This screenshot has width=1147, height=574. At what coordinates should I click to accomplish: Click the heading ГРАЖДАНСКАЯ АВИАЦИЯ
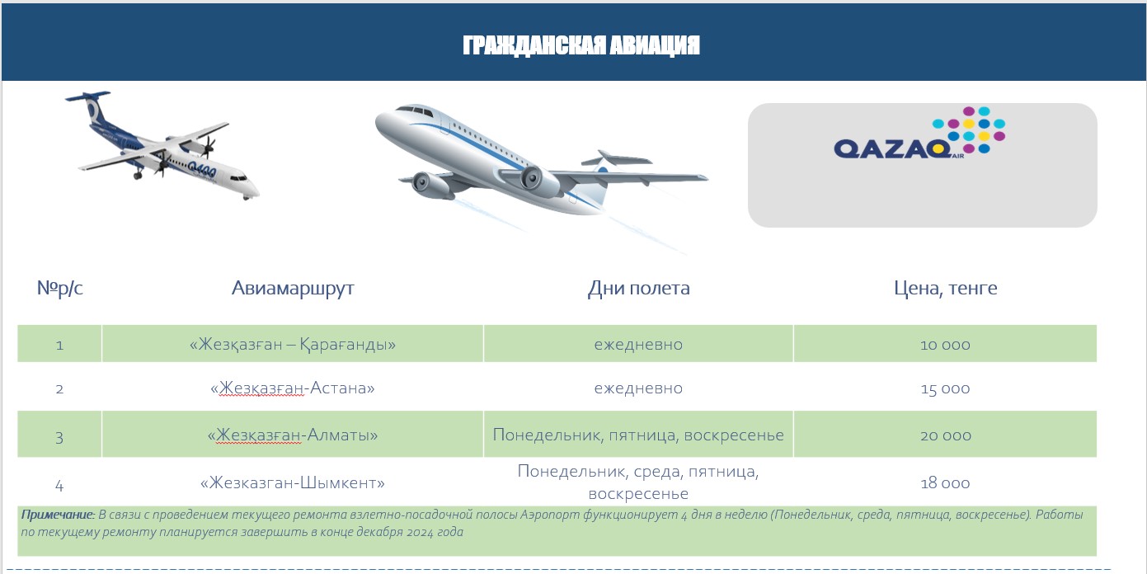coord(581,45)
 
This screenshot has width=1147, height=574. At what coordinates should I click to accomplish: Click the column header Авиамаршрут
coord(293,288)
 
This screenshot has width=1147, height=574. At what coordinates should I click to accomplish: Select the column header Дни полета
coord(638,288)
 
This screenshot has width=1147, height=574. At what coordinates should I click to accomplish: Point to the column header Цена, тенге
coord(945,288)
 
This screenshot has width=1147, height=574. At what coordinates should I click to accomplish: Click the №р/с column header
coord(59,288)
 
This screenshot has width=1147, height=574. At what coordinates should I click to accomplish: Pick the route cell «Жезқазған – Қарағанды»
coord(293,344)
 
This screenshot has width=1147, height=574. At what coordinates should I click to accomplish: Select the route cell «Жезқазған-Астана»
coord(293,388)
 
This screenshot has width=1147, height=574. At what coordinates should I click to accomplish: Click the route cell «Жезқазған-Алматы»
coord(293,435)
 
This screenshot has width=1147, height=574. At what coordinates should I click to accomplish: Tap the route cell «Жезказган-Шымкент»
coord(293,482)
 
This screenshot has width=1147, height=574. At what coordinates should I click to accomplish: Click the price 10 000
coord(945,345)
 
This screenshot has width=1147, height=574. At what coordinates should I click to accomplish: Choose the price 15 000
coord(945,388)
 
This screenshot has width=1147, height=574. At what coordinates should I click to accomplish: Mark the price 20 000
coord(945,435)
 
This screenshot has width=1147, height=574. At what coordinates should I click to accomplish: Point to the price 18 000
coord(945,482)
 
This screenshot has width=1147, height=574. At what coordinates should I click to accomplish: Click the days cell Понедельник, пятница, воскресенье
coord(638,435)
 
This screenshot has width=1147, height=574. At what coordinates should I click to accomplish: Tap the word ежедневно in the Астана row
coord(638,388)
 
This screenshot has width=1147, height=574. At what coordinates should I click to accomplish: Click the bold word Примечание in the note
coord(58,515)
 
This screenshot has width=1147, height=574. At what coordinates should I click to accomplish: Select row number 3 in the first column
coord(59,437)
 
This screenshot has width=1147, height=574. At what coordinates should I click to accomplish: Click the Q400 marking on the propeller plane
coord(202,170)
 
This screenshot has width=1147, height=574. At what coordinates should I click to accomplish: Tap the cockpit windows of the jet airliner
coord(414,111)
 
